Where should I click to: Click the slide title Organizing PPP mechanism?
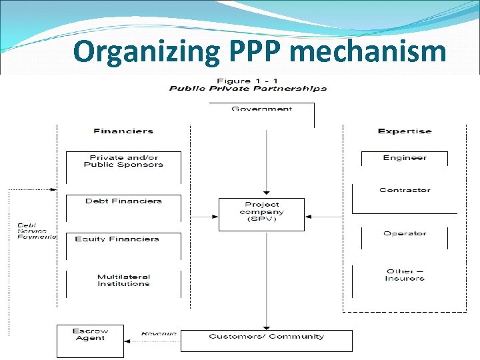(259, 51)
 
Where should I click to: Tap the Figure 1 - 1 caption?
(247, 81)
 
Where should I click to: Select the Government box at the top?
(261, 109)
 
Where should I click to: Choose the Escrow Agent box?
(91, 334)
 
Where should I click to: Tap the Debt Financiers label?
(123, 201)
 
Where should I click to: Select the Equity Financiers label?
(117, 239)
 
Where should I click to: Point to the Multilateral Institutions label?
(123, 280)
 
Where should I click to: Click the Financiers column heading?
(123, 131)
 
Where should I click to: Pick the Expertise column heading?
(404, 131)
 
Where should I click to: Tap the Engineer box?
(404, 158)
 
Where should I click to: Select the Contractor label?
(405, 191)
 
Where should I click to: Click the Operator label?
(404, 234)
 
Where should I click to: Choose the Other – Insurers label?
(404, 275)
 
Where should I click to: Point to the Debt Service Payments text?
(37, 231)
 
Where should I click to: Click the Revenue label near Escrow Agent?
(158, 333)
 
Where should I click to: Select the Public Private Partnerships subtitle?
(247, 89)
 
